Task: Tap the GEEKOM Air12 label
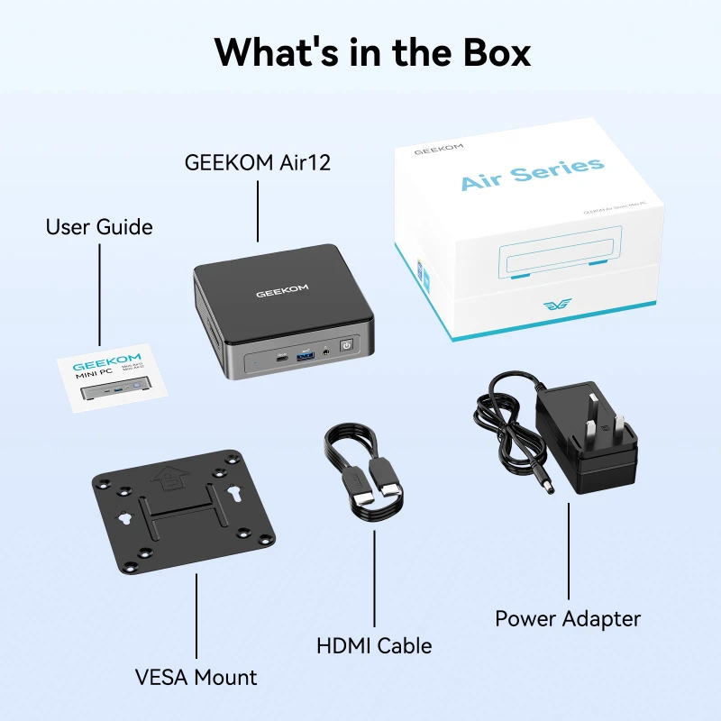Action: [258, 162]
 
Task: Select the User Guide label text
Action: [99, 227]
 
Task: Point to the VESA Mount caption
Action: [196, 677]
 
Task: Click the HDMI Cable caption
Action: [374, 645]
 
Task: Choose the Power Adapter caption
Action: [568, 618]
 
